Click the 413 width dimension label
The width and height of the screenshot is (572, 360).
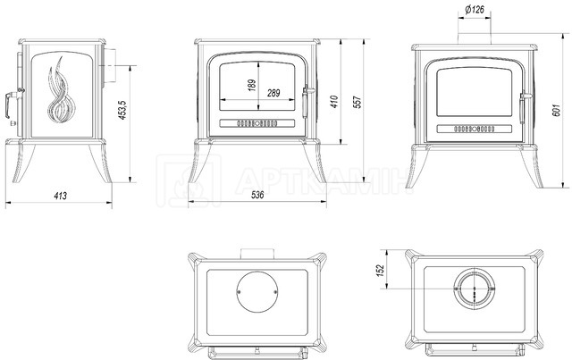click(60, 196)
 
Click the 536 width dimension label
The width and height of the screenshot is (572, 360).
click(257, 195)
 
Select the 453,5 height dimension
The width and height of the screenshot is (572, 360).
click(122, 109)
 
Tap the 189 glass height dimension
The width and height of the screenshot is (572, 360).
click(252, 86)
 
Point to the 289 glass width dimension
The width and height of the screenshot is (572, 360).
click(273, 93)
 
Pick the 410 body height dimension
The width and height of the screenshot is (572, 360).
click(334, 102)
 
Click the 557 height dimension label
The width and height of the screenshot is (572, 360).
click(357, 102)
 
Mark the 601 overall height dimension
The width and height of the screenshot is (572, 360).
click(555, 110)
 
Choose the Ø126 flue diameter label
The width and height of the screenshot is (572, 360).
click(475, 10)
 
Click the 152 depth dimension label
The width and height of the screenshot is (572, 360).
click(381, 271)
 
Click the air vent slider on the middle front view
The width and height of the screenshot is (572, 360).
click(257, 123)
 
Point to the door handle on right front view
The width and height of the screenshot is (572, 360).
click(525, 106)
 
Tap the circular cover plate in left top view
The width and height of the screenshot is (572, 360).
click(257, 292)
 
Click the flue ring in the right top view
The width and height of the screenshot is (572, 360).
click(475, 289)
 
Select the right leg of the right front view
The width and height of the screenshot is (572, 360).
click(532, 167)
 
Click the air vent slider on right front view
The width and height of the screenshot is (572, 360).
click(475, 129)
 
